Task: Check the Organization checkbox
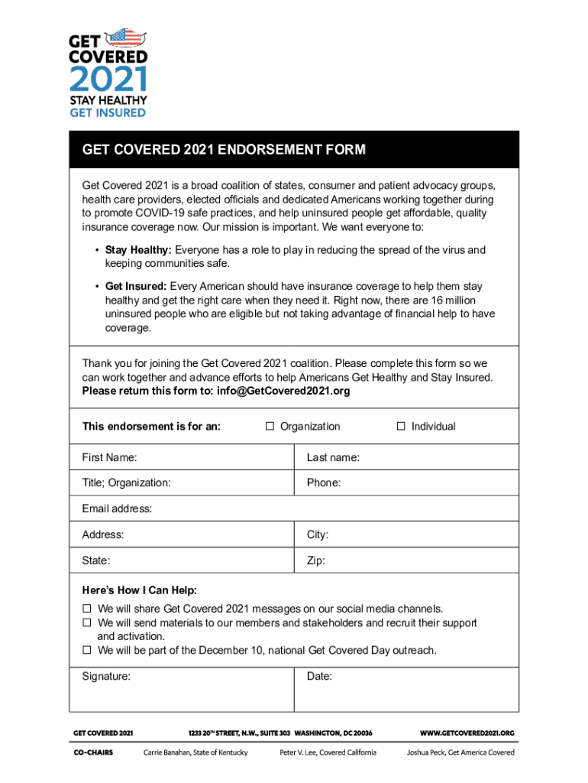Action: tap(270, 427)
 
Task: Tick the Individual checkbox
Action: tap(401, 427)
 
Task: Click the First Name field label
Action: tap(109, 457)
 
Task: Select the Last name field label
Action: tap(333, 457)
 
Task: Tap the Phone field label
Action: tap(324, 482)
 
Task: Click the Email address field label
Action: tap(117, 508)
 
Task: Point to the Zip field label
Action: tap(316, 560)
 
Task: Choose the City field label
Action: tap(318, 534)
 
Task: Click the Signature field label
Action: tap(106, 676)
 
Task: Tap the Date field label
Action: tap(319, 676)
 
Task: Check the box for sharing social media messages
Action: tap(87, 609)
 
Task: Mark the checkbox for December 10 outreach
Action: tap(87, 650)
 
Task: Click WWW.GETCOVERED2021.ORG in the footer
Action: tap(467, 733)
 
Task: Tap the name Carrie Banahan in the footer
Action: tap(169, 752)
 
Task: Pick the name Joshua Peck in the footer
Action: tap(425, 752)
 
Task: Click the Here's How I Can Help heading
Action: tap(139, 590)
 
